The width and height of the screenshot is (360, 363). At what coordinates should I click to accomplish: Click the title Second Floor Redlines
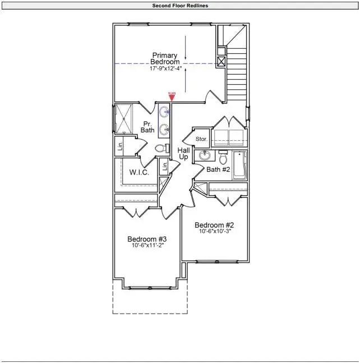click(x=180, y=6)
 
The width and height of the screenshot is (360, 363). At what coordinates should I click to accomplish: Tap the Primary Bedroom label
click(x=165, y=58)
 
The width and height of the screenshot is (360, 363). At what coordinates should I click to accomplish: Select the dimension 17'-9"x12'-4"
click(x=165, y=69)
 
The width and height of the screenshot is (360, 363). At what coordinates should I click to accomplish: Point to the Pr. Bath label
click(x=147, y=127)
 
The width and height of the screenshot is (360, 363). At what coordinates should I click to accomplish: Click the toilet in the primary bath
click(x=160, y=149)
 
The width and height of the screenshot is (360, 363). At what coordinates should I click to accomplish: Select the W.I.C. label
click(x=139, y=172)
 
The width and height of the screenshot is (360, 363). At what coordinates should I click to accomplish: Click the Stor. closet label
click(x=201, y=139)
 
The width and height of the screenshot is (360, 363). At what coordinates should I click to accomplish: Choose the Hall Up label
click(x=183, y=154)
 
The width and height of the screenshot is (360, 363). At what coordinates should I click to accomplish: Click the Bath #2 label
click(x=217, y=169)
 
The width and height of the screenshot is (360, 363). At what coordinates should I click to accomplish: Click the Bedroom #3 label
click(x=147, y=239)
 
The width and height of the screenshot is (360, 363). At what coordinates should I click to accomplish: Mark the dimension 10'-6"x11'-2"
click(x=147, y=245)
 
